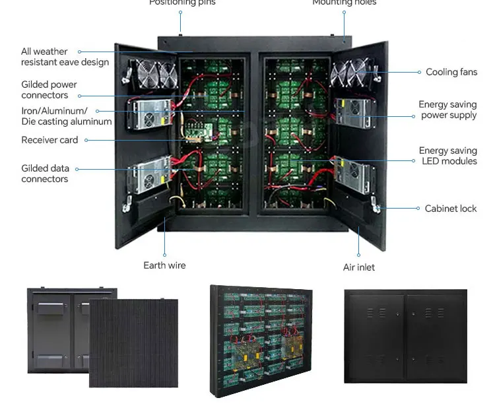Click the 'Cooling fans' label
pyautogui.click(x=451, y=72)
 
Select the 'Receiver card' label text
pyautogui.click(x=49, y=140)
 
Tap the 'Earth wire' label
pyautogui.click(x=164, y=265)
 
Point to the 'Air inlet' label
pyautogui.click(x=359, y=267)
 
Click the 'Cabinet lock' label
pyautogui.click(x=450, y=209)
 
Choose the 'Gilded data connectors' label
pyautogui.click(x=45, y=174)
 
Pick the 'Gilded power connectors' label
pyautogui.click(x=49, y=90)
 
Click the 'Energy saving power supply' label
pyautogui.click(x=447, y=110)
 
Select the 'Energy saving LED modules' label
pyautogui.click(x=447, y=156)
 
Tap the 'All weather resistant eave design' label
pyautogui.click(x=65, y=57)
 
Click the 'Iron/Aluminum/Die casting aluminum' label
pyautogui.click(x=66, y=116)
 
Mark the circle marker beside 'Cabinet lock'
pyautogui.click(x=418, y=209)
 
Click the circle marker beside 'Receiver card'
pyautogui.click(x=86, y=140)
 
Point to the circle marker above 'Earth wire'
pyautogui.click(x=164, y=255)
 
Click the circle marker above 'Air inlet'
pyautogui.click(x=359, y=255)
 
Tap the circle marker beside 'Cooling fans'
pyautogui.click(x=419, y=72)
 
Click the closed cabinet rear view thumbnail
pyautogui.click(x=405, y=337)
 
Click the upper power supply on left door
pyautogui.click(x=152, y=114)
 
